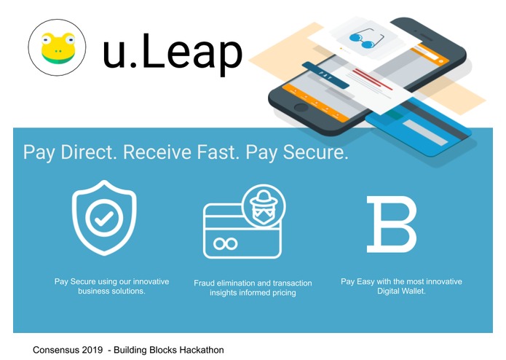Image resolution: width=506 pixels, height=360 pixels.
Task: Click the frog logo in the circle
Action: (x=57, y=49)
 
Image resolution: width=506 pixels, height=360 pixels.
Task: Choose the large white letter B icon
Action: (x=392, y=224)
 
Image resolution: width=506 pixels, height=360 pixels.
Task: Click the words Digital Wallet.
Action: (x=401, y=291)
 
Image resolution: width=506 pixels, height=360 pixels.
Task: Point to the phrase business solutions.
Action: (x=111, y=291)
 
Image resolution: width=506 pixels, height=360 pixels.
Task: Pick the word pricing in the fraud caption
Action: (x=280, y=293)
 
